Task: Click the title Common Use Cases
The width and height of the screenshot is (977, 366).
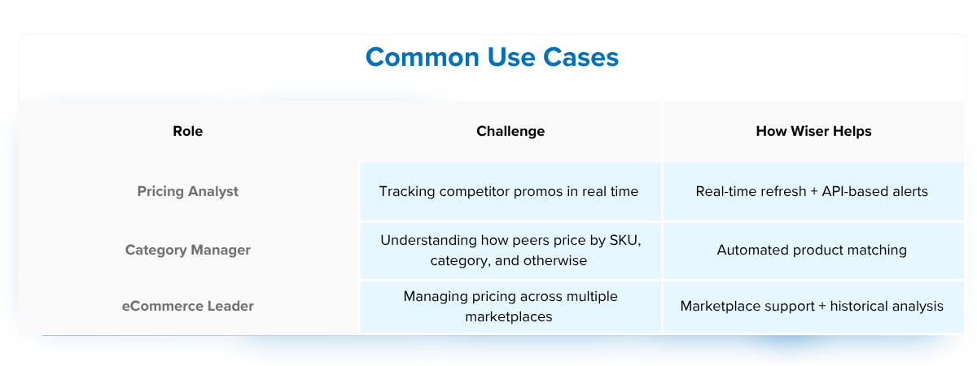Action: coord(492,58)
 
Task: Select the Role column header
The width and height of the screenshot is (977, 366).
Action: coord(188,131)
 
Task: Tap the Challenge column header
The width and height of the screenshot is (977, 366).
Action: coord(510,131)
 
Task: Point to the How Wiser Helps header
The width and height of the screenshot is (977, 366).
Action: coord(813,131)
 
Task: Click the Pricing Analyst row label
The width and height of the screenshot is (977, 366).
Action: coord(188,192)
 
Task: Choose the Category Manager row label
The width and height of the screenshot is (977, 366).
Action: coord(188,250)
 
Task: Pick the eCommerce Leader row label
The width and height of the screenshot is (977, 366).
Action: coord(188,306)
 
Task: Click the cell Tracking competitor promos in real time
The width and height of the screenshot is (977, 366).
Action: coord(509,192)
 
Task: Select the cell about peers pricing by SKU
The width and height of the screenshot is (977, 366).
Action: coord(510,251)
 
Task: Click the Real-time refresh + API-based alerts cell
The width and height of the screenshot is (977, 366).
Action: coord(812,192)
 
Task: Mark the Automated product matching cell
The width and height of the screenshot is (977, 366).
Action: coord(812,250)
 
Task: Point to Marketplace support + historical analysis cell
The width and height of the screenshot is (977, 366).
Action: coord(812,306)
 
